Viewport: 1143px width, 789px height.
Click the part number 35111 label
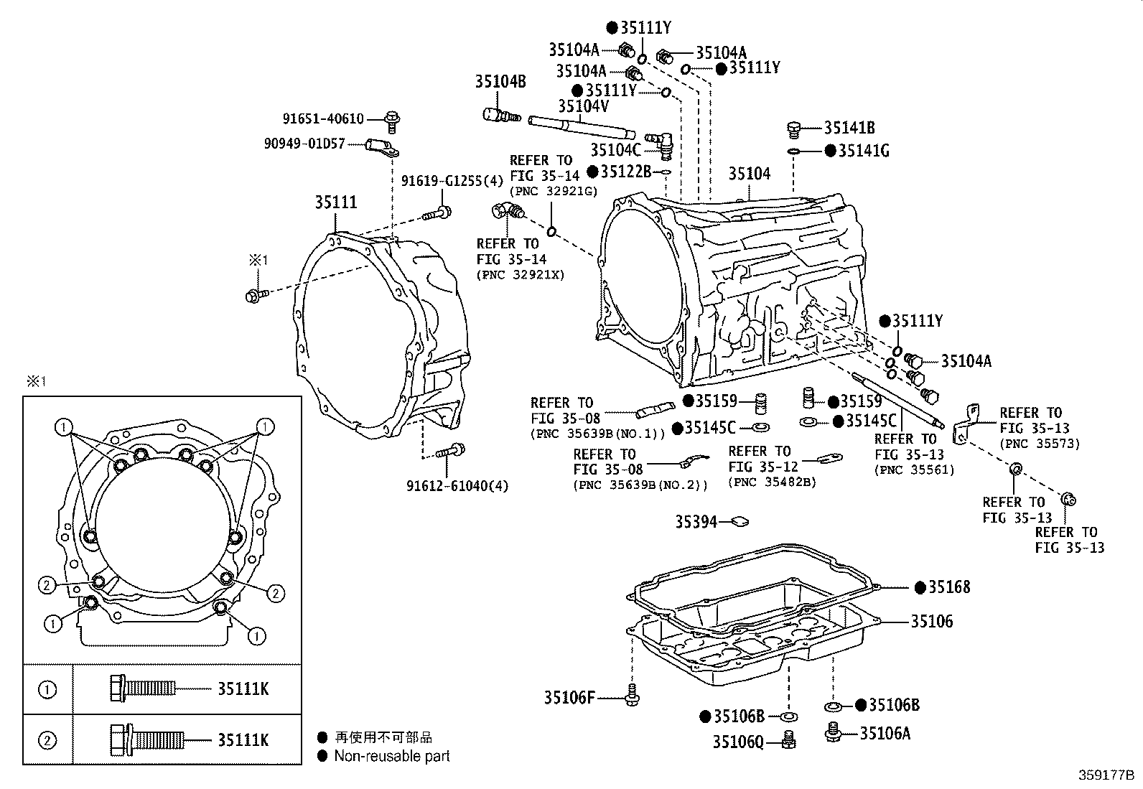(335, 202)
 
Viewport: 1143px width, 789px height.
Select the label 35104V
(583, 106)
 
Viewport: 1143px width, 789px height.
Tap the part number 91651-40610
(323, 119)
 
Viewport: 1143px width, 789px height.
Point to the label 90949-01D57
(304, 144)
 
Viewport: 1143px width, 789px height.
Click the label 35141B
(849, 128)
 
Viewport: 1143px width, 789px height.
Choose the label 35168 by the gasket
(948, 587)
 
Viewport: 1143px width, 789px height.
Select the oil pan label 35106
(931, 621)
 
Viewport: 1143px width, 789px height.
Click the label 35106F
(569, 697)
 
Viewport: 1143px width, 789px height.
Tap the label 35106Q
(738, 741)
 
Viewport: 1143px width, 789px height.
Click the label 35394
(696, 522)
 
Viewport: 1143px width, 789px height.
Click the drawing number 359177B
(1106, 775)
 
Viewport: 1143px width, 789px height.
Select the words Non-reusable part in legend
(392, 756)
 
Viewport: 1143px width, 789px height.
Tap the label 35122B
(625, 172)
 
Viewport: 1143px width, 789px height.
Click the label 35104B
(500, 82)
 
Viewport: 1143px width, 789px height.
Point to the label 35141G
(864, 151)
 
